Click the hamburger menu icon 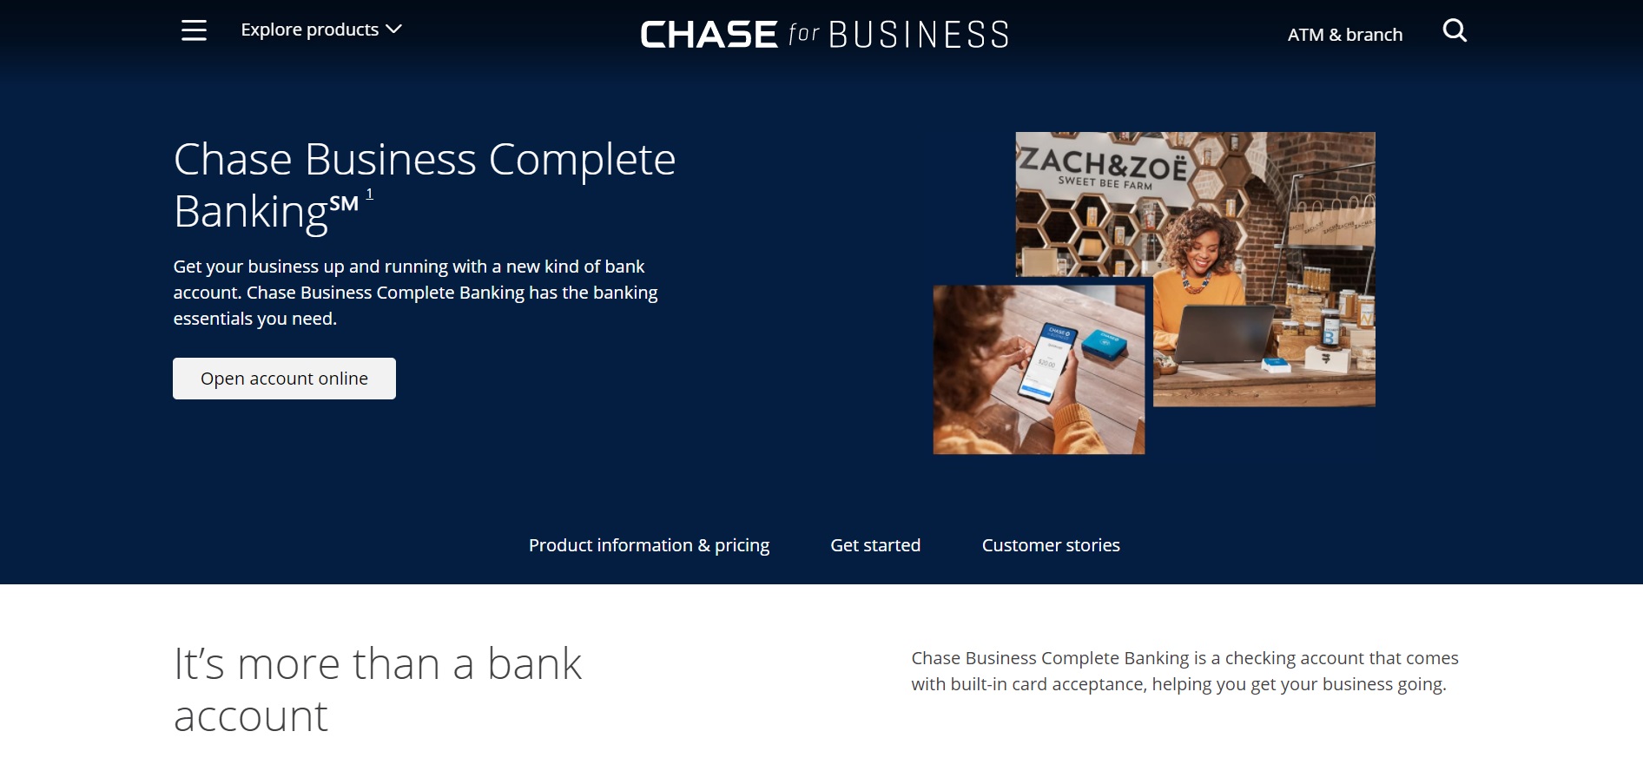tap(194, 30)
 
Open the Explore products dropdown tap(320, 30)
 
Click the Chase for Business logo tap(824, 35)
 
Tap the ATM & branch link tap(1344, 35)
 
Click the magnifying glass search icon tap(1455, 31)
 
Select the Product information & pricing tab tap(649, 545)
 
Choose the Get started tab tap(875, 545)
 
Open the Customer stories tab tap(1051, 545)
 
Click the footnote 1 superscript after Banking tap(370, 194)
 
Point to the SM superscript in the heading tap(344, 204)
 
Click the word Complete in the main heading tap(582, 160)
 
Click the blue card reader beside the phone tap(1104, 345)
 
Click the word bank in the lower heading tap(534, 664)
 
